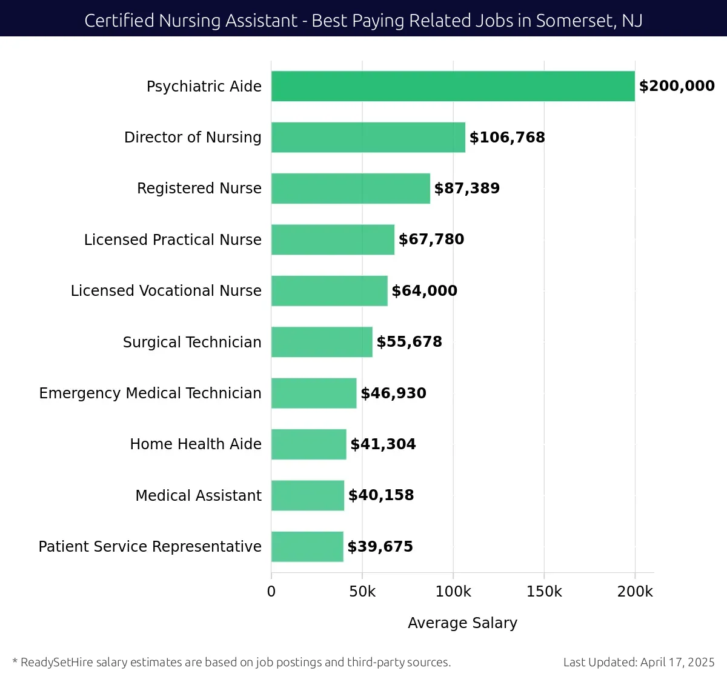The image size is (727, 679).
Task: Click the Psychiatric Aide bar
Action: point(453,86)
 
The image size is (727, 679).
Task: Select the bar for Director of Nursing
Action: point(368,137)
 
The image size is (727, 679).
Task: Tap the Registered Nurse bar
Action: point(350,189)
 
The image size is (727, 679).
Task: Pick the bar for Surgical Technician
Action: point(322,342)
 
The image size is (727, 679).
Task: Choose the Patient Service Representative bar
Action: point(307,547)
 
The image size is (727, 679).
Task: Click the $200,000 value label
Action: point(677,86)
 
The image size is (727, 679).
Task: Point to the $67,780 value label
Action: point(431,239)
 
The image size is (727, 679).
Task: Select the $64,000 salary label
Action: point(424,291)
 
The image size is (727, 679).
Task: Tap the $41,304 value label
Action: point(383,444)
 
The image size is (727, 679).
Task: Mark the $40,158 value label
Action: point(380,495)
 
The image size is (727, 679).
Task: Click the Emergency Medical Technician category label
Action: point(150,393)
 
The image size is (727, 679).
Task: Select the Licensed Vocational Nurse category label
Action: point(166,291)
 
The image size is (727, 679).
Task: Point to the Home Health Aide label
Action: point(196,444)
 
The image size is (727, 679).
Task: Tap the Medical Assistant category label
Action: point(198,496)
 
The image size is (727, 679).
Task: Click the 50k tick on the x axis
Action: point(362,592)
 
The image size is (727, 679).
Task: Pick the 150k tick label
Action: point(544,592)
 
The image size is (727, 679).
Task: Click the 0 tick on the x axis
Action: point(271,592)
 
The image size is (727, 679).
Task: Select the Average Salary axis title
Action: point(462,623)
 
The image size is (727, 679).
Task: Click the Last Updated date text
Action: point(639,662)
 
